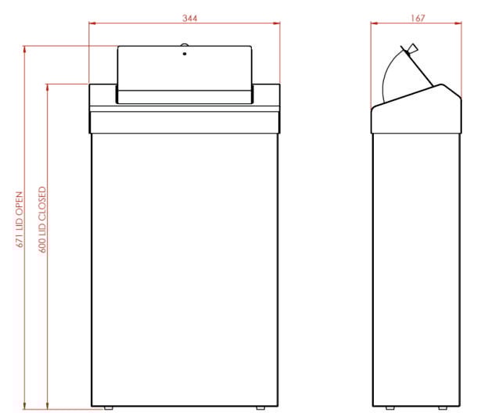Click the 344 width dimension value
click(x=185, y=18)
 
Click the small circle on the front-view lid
click(x=185, y=55)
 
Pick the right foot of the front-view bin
click(x=260, y=407)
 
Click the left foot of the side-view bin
click(x=389, y=407)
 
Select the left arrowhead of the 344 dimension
click(x=93, y=24)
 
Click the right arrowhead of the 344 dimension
click(x=276, y=24)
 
